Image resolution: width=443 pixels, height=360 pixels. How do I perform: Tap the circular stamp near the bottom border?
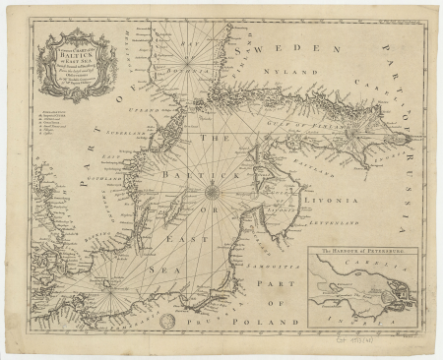pyautogui.click(x=169, y=322)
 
